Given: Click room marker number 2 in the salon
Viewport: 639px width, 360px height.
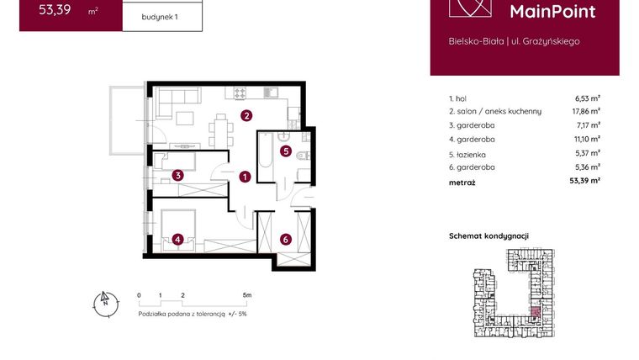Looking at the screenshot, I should coord(246,116).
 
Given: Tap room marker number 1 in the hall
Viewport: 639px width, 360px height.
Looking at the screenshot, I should coord(244,177).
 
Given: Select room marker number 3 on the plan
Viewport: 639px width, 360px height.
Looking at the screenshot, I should coord(178,176).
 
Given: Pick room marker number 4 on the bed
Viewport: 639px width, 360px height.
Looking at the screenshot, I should coord(178,239).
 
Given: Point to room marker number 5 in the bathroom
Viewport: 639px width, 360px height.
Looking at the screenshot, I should coord(286,151).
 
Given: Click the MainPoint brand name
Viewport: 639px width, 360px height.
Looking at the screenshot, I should coord(552,11).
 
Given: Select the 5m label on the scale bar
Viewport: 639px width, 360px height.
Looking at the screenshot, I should coord(246,296).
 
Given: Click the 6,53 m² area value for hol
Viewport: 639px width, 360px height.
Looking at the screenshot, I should coord(585,98).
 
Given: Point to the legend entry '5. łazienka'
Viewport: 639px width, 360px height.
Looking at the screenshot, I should coord(467,154).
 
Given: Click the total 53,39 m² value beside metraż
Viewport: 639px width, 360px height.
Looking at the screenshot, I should coord(584,181).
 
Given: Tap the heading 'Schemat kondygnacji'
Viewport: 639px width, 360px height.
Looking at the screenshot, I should coord(488,236).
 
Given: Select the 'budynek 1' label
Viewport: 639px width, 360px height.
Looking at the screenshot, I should coord(162,17).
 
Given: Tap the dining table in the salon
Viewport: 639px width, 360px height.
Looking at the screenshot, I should coord(221,130).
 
